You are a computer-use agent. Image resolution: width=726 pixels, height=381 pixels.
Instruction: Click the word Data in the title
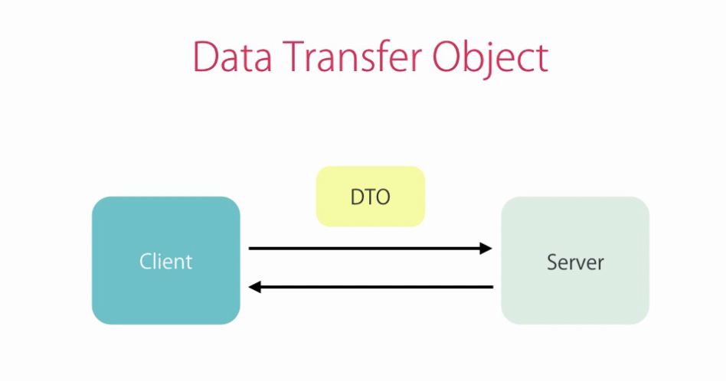click(232, 57)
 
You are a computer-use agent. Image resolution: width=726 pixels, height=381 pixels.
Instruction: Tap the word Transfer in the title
click(352, 56)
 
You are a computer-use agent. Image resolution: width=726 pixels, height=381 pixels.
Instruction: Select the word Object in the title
click(490, 59)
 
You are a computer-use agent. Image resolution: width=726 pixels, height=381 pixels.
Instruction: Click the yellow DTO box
click(371, 197)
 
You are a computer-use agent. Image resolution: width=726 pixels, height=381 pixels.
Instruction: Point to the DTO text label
click(371, 197)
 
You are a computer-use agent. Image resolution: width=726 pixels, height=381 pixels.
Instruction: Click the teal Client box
click(165, 260)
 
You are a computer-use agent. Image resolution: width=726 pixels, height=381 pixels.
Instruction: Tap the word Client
click(165, 261)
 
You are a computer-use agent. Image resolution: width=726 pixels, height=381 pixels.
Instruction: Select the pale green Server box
click(575, 260)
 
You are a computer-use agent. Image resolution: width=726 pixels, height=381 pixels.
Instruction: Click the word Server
click(576, 262)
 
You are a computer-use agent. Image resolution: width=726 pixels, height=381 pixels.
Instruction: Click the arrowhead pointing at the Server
click(486, 249)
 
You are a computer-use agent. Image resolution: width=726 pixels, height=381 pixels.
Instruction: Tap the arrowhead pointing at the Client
click(255, 287)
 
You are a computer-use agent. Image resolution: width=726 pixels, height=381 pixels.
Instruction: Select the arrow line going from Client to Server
click(371, 249)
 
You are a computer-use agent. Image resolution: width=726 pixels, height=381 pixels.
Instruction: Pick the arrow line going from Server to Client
click(371, 287)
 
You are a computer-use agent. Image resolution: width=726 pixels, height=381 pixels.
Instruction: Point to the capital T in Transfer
click(294, 57)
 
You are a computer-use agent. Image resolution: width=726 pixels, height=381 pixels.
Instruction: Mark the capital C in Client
click(146, 262)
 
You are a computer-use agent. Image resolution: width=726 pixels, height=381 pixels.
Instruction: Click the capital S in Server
click(553, 262)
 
